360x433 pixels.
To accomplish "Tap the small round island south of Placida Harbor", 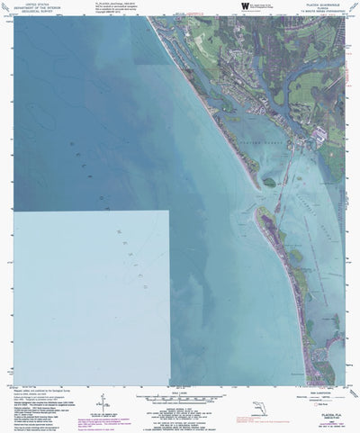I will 268,182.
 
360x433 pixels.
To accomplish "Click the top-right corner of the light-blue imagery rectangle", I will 168,211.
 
